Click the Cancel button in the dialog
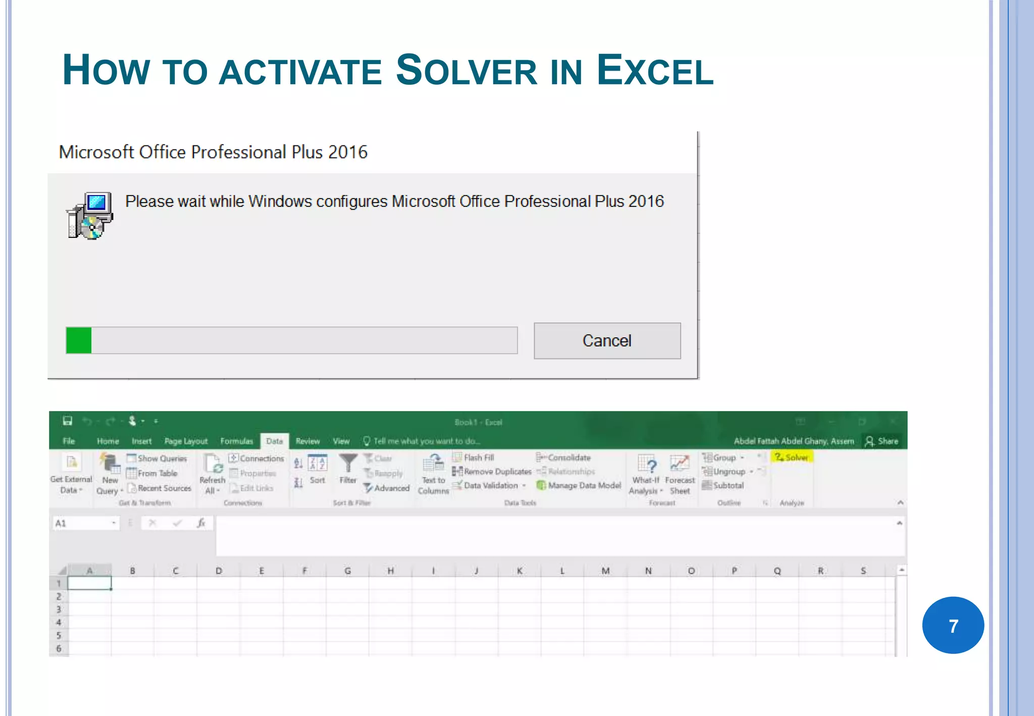tap(607, 341)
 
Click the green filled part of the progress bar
tap(79, 340)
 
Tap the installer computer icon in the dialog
tap(90, 216)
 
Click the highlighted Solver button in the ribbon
tap(792, 457)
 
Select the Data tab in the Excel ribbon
tap(274, 441)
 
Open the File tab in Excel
tap(69, 441)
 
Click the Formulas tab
tap(236, 441)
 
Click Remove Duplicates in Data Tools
tap(492, 472)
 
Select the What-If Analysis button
tap(646, 475)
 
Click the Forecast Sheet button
tap(680, 475)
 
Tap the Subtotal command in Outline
tap(723, 485)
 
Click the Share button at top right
tap(882, 441)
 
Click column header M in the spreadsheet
tap(605, 571)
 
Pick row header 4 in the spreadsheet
tap(59, 622)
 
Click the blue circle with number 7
tap(953, 625)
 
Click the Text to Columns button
tap(433, 475)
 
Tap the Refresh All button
tap(212, 475)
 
